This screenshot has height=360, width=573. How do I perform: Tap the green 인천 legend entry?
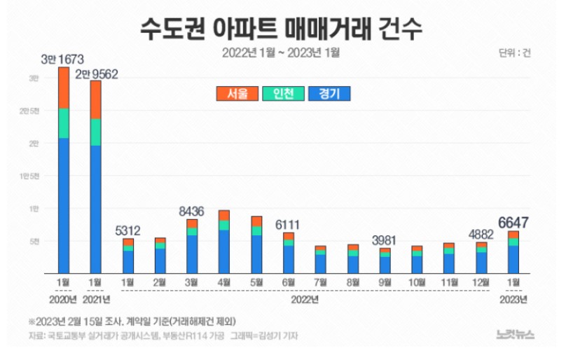282,93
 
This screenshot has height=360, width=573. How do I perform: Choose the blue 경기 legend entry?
328,93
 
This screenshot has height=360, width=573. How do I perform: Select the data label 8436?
192,209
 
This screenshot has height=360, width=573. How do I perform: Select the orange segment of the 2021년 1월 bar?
96,99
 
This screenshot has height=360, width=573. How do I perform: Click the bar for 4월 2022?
224,242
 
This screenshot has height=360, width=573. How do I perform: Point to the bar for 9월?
385,261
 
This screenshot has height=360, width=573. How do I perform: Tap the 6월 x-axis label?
289,283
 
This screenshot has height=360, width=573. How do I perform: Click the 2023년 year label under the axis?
514,300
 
